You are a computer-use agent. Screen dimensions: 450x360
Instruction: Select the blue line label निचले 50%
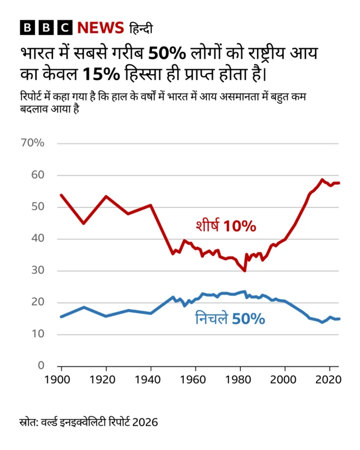click(229, 318)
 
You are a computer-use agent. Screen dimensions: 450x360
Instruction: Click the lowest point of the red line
click(245, 271)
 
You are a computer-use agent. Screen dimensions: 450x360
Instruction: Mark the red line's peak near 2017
click(322, 180)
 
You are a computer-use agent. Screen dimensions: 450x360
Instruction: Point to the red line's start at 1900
click(61, 195)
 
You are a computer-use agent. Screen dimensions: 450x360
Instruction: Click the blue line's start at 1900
click(61, 317)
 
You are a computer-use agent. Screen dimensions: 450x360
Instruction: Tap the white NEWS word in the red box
click(100, 28)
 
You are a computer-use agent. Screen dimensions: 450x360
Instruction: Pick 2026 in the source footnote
click(145, 421)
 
